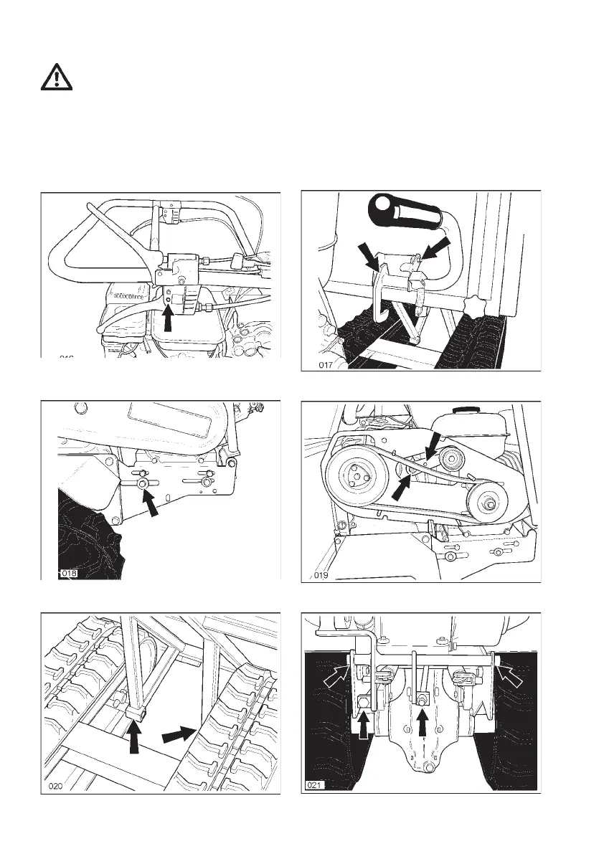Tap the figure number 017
pos(328,366)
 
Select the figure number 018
pos(68,574)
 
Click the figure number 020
pos(57,786)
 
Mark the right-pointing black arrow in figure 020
pos(178,734)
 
